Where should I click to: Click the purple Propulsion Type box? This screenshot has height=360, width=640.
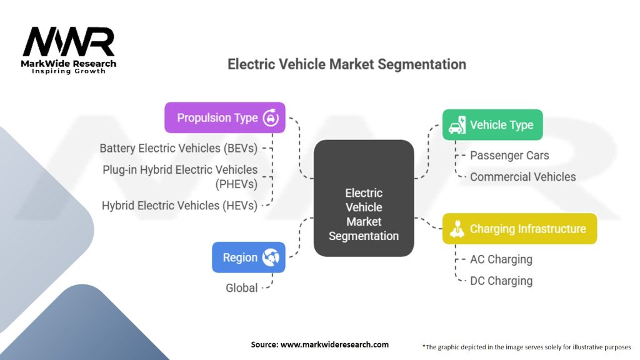coord(224,117)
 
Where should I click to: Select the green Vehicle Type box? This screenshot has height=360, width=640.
coord(492,124)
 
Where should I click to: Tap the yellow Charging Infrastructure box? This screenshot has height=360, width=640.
coord(519,229)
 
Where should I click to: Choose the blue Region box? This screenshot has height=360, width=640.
coord(248,257)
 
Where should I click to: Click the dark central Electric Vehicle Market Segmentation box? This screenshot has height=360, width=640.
coord(364,197)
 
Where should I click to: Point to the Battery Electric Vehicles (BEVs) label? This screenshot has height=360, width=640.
coord(178,148)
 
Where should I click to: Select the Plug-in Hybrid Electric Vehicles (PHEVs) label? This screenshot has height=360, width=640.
coord(181,177)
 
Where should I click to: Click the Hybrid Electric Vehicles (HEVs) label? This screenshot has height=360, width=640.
coord(179,205)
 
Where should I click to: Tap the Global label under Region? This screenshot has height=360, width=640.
coord(241,287)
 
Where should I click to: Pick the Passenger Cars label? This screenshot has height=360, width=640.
coord(509,155)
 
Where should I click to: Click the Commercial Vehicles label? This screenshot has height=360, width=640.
coord(522,177)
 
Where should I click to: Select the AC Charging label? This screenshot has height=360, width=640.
coord(501,259)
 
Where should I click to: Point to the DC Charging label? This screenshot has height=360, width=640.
coord(501,281)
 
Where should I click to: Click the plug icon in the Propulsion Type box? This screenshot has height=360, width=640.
coord(270,117)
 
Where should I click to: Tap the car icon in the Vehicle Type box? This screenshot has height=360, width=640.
coord(457,124)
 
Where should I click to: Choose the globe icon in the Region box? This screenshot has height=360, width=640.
coord(270,257)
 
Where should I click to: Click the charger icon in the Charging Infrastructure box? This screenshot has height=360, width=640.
coord(457,229)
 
